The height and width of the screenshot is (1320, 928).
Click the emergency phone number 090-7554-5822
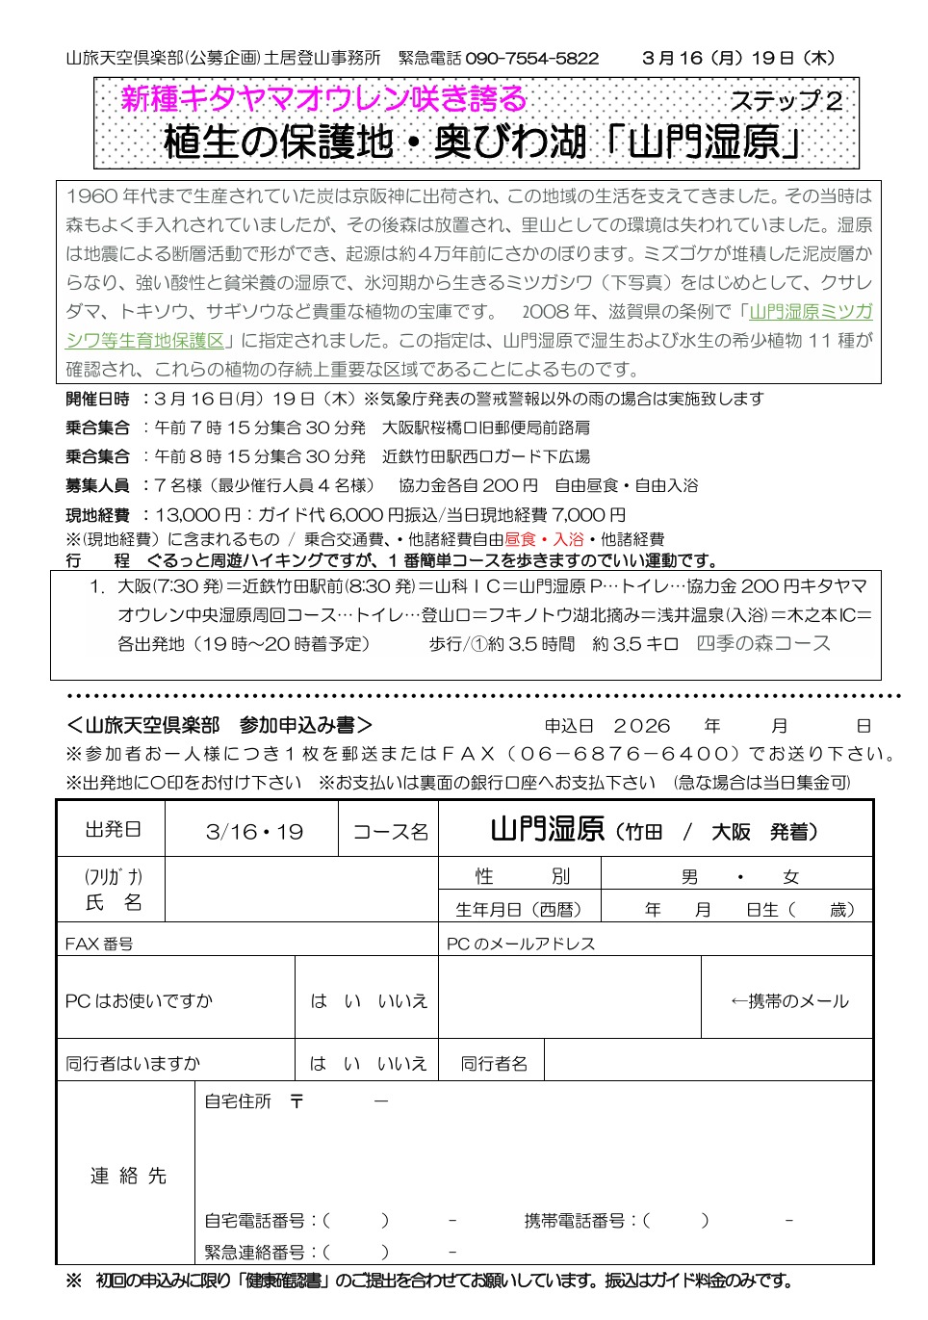pyautogui.click(x=531, y=59)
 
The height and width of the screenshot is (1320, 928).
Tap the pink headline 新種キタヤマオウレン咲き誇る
pyautogui.click(x=323, y=99)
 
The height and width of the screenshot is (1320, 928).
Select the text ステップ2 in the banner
pyautogui.click(x=786, y=101)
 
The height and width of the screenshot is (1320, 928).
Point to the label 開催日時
pyautogui.click(x=97, y=399)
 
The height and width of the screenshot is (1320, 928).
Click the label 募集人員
pyautogui.click(x=97, y=485)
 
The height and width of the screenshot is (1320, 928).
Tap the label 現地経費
pyautogui.click(x=97, y=515)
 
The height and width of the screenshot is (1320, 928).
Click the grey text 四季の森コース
pyautogui.click(x=763, y=643)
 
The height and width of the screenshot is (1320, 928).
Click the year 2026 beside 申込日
pyautogui.click(x=641, y=726)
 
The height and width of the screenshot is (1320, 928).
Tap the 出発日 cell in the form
pyautogui.click(x=112, y=829)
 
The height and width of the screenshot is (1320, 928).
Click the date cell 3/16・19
pyautogui.click(x=254, y=832)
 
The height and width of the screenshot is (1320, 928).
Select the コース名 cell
pyautogui.click(x=390, y=832)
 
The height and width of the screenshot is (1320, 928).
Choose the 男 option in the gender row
pyautogui.click(x=689, y=877)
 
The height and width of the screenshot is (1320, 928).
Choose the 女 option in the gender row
pyautogui.click(x=790, y=877)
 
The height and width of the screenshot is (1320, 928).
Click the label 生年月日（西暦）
pyautogui.click(x=520, y=910)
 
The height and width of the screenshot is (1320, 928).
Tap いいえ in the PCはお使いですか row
pyautogui.click(x=402, y=1001)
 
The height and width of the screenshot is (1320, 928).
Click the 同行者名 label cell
pyautogui.click(x=494, y=1064)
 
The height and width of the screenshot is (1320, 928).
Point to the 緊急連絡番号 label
pyautogui.click(x=255, y=1252)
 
